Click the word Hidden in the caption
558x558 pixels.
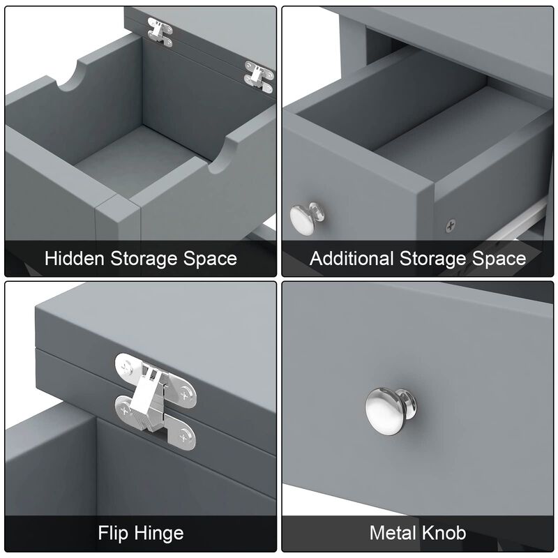pyautogui.click(x=75, y=258)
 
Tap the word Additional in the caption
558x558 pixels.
pyautogui.click(x=352, y=258)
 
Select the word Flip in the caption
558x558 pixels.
pyautogui.click(x=113, y=534)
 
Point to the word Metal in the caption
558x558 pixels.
pyautogui.click(x=393, y=533)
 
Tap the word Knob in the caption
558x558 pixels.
pyautogui.click(x=444, y=533)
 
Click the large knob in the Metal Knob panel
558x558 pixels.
pyautogui.click(x=391, y=411)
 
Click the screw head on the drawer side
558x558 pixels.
pyautogui.click(x=451, y=225)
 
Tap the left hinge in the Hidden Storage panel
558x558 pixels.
pyautogui.click(x=160, y=32)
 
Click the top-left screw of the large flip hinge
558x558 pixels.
pyautogui.click(x=126, y=366)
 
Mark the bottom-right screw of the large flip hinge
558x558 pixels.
pyautogui.click(x=184, y=437)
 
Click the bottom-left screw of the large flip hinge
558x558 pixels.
pyautogui.click(x=125, y=410)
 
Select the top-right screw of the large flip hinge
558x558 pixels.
pyautogui.click(x=185, y=395)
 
